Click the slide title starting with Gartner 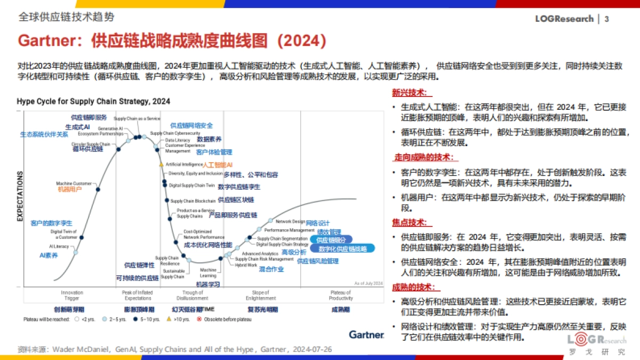pos(172,41)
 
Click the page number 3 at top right pos(606,19)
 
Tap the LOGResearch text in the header pos(564,19)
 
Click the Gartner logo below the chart pos(366,335)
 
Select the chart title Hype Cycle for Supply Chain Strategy pos(93,101)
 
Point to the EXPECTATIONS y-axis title pos(20,196)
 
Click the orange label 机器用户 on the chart pos(69,189)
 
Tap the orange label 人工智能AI pos(218,165)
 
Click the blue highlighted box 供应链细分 pos(331,240)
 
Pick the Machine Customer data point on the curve pos(98,188)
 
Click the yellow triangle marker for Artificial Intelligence pos(161,165)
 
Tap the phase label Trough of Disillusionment pos(192,295)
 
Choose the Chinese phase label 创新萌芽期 pos(69,309)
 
